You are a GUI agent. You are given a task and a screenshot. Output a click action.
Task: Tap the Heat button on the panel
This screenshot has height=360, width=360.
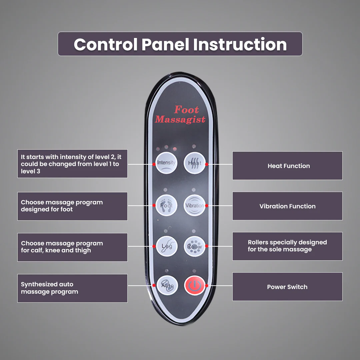pos(194,163)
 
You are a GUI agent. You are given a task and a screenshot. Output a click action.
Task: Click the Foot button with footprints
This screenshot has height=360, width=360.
pos(166,205)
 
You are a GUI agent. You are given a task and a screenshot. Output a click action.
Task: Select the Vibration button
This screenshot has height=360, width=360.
pos(194,205)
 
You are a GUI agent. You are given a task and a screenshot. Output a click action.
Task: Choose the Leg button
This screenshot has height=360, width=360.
pos(167,246)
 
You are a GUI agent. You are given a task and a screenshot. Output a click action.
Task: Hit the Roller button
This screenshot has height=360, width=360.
pos(194,246)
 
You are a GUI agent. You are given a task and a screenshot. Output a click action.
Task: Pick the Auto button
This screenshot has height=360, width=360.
pos(167,285)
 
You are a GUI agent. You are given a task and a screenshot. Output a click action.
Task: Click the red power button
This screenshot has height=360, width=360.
pos(195,285)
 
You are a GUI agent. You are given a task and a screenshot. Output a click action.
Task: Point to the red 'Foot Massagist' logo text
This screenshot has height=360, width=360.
pos(180,114)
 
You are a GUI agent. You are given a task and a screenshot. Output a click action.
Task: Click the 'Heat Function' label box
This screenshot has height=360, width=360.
pos(287,166)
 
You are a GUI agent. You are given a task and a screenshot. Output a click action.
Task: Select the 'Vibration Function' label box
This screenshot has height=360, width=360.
pos(287,206)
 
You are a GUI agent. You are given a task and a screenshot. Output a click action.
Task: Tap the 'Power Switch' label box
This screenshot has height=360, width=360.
pos(287,287)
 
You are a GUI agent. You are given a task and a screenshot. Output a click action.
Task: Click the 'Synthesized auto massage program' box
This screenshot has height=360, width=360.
pos(72,288)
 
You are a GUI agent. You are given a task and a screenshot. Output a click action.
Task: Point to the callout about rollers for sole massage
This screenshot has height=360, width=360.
pos(287,246)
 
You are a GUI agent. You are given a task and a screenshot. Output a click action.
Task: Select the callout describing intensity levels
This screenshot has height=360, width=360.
pos(72,164)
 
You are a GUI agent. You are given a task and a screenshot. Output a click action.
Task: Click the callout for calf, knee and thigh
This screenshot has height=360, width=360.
pos(72,247)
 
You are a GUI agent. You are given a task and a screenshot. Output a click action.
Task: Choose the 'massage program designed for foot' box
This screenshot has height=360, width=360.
pos(72,206)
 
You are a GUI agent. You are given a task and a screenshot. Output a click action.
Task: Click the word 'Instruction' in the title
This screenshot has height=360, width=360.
pos(240,44)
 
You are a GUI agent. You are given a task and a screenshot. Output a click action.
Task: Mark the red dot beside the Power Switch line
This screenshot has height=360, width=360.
pos(207,286)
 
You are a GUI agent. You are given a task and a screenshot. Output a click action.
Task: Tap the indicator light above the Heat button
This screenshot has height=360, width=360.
pos(194,146)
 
